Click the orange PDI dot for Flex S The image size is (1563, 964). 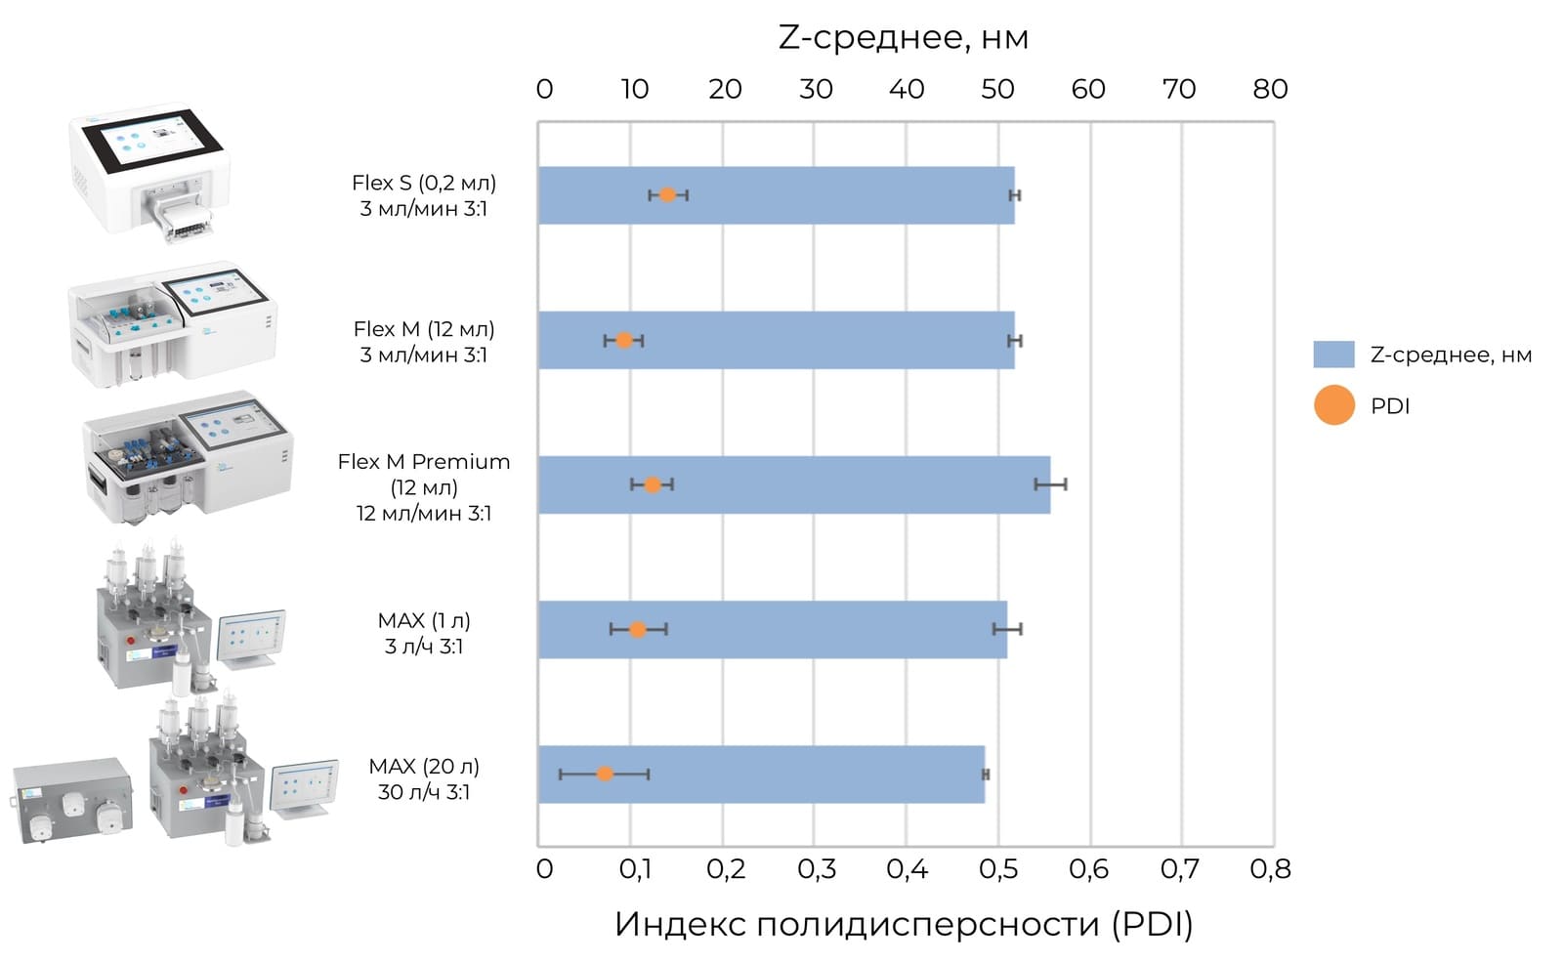click(x=667, y=194)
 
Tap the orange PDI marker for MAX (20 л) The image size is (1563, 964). click(x=605, y=774)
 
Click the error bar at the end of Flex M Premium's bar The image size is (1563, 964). click(x=1050, y=483)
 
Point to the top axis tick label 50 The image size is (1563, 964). click(x=996, y=90)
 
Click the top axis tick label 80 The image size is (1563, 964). click(x=1270, y=90)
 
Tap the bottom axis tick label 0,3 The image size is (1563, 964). click(x=817, y=868)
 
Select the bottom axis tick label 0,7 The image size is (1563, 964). click(x=1179, y=868)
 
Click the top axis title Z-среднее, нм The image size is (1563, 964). click(x=903, y=37)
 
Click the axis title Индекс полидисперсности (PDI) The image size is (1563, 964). click(x=904, y=923)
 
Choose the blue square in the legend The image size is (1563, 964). click(x=1333, y=355)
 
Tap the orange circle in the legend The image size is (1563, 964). click(x=1333, y=405)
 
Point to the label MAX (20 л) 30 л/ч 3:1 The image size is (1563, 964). click(x=424, y=778)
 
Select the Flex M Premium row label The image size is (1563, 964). click(x=424, y=486)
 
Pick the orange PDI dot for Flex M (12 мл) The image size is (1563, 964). click(x=624, y=340)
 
